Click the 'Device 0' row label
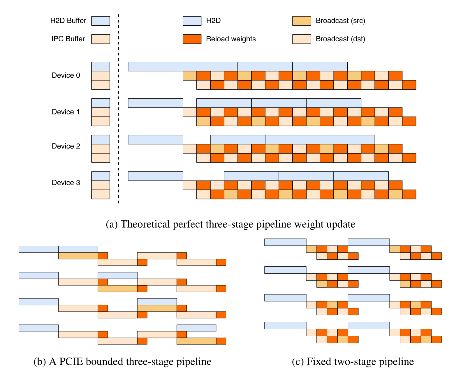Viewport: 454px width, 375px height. (x=66, y=75)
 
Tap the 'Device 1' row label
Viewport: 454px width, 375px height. (x=66, y=112)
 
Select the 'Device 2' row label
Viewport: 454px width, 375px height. (x=66, y=146)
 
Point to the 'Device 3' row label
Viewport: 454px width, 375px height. (x=66, y=183)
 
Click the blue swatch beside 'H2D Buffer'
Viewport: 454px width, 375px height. (x=101, y=21)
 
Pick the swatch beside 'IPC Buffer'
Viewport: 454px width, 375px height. (x=101, y=39)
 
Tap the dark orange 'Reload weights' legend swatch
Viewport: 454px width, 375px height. (x=192, y=39)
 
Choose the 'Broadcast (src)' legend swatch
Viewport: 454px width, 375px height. (x=301, y=21)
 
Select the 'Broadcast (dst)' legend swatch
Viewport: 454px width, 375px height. (x=301, y=39)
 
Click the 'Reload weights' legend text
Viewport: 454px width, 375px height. (x=231, y=39)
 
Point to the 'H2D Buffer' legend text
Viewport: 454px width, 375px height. (x=68, y=20)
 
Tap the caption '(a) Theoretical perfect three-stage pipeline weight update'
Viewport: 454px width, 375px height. (x=230, y=224)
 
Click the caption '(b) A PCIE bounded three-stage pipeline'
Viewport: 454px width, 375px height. (x=122, y=361)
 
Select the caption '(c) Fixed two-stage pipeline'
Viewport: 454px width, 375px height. (x=353, y=361)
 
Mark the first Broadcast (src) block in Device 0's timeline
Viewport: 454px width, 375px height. (x=190, y=76)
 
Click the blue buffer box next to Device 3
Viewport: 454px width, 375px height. (x=101, y=176)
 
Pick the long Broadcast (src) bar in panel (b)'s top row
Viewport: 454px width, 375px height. (x=78, y=256)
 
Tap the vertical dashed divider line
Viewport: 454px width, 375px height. (x=119, y=109)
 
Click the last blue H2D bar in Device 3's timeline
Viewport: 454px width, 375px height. (x=361, y=176)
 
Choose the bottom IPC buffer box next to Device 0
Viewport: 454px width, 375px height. (x=101, y=85)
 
